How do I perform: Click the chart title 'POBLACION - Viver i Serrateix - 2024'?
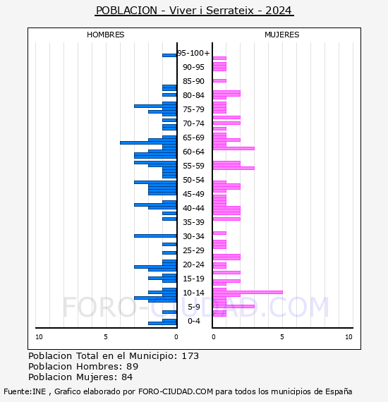click(x=194, y=11)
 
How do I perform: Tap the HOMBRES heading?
click(x=105, y=35)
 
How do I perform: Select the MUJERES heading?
click(x=282, y=35)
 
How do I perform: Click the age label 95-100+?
click(x=193, y=53)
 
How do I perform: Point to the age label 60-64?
click(x=193, y=152)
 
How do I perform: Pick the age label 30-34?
click(x=193, y=236)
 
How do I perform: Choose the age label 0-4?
click(x=193, y=321)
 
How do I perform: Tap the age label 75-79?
click(x=193, y=109)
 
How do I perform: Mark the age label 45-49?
click(x=193, y=194)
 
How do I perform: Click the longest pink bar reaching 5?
click(x=248, y=292)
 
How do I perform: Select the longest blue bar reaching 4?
click(x=148, y=142)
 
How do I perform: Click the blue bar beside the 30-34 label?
click(x=155, y=236)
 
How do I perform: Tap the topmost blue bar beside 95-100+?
click(x=169, y=56)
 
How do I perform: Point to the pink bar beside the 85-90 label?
click(x=219, y=81)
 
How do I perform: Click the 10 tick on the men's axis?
click(x=39, y=337)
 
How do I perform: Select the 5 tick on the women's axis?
click(x=282, y=337)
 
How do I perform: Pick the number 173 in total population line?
click(x=190, y=356)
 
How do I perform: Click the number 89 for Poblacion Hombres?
click(x=133, y=366)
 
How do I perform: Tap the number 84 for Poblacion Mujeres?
click(x=127, y=377)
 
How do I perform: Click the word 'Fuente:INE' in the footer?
click(x=25, y=391)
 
